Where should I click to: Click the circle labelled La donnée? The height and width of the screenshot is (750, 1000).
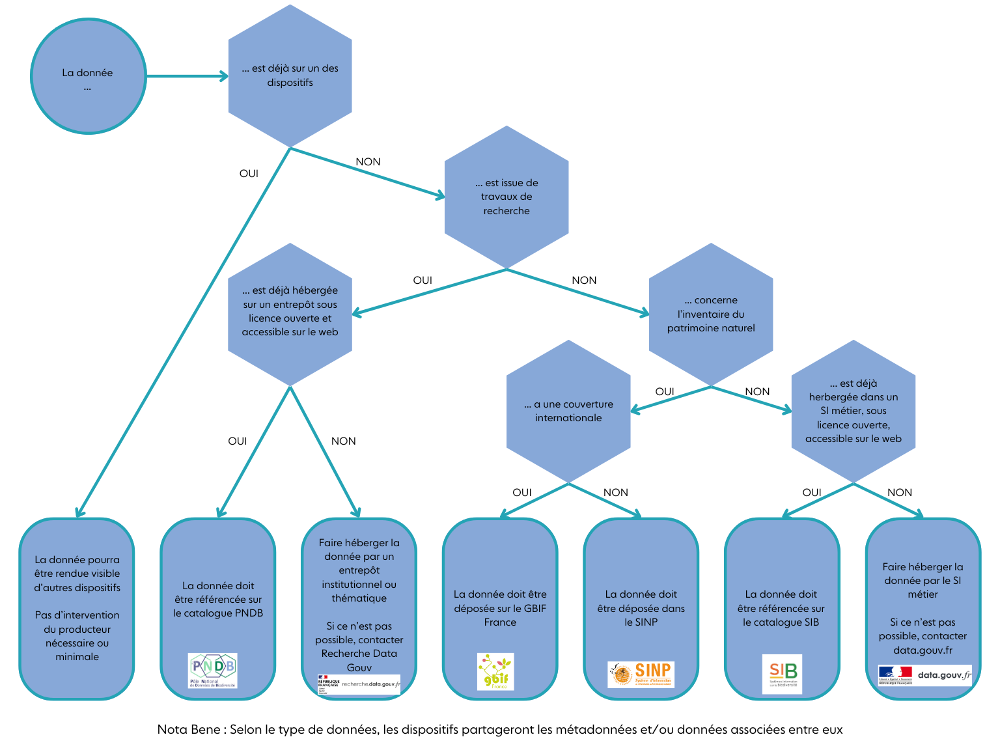point(88,77)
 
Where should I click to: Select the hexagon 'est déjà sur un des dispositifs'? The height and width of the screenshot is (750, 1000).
point(290,76)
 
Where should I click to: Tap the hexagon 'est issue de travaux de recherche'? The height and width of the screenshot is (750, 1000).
point(507,197)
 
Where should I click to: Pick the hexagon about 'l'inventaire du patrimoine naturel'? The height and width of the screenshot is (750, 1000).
point(711,314)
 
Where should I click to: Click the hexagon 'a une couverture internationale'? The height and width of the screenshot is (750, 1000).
point(568,411)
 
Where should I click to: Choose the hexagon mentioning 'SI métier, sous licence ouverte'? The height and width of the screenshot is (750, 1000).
point(853,411)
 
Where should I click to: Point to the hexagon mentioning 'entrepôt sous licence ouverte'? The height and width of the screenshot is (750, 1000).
point(290,311)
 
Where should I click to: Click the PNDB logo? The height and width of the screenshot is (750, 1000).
point(213,671)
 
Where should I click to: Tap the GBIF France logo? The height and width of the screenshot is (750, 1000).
point(495,671)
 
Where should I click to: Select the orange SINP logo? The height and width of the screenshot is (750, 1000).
point(641,674)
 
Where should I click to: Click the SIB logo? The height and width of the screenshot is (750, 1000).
point(782,674)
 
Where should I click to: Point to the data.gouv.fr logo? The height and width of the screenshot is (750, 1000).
point(924,675)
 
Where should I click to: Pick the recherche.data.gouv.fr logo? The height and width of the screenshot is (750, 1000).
point(359,684)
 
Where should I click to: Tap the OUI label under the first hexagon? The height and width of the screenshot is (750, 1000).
point(249,174)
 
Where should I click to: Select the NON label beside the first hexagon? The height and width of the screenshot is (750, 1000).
point(368,162)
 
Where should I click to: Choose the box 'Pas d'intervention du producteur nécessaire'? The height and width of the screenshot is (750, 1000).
point(77,609)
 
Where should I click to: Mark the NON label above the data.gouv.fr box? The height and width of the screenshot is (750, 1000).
point(900,493)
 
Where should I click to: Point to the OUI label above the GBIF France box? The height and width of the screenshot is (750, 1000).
point(522,493)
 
